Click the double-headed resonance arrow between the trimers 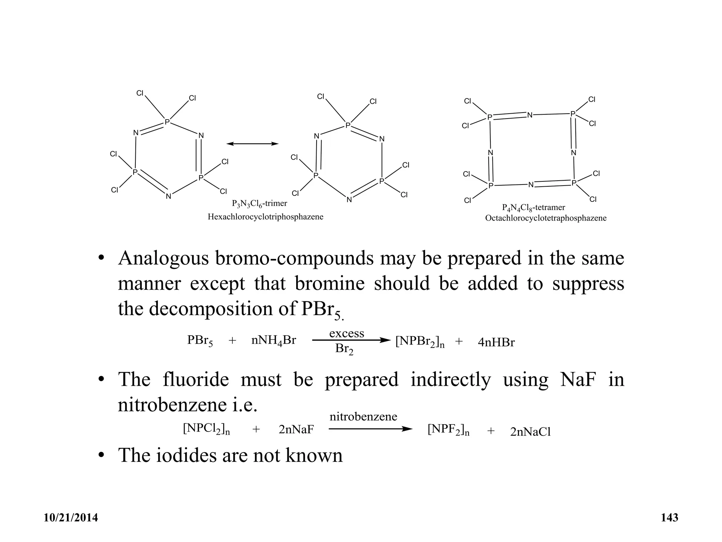point(252,144)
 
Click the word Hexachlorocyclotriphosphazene point(265,217)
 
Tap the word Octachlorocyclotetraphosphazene point(546,218)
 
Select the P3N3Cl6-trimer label point(259,204)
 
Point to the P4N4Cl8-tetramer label point(533,207)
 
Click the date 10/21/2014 point(71,518)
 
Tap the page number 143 point(669,518)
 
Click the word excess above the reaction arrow point(347,333)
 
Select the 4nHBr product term point(496,342)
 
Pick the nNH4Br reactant point(274,341)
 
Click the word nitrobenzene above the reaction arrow point(363,417)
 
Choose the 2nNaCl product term point(530,432)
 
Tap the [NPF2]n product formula point(448,430)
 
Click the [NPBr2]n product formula point(420,342)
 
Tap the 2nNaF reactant point(296,430)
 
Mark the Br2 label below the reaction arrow point(344,349)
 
